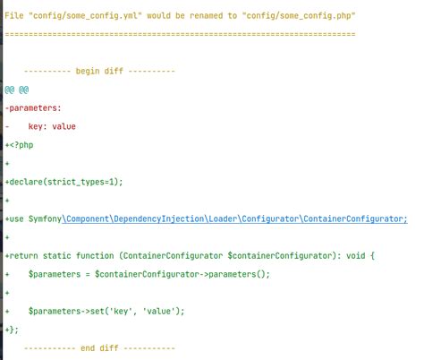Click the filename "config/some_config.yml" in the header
click(85, 15)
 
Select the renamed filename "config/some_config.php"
click(299, 15)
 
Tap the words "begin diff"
click(99, 71)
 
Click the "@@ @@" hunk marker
click(17, 90)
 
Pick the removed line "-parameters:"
click(33, 108)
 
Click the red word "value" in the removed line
click(64, 126)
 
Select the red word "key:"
click(38, 126)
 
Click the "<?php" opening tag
click(21, 145)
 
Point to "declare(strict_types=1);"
click(66, 182)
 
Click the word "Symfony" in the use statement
click(45, 219)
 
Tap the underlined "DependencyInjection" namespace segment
click(159, 219)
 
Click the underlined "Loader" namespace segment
click(223, 219)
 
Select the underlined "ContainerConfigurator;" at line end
click(355, 219)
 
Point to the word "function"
click(95, 256)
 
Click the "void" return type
click(355, 256)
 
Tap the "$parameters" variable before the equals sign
click(55, 274)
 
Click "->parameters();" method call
click(234, 274)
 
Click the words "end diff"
click(99, 348)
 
